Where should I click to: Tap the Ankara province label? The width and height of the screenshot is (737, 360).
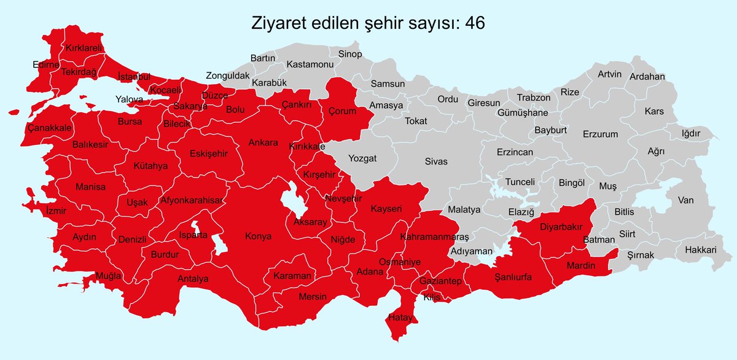(263, 143)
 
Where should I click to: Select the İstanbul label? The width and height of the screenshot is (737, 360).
(134, 77)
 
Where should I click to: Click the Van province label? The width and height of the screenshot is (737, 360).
(685, 200)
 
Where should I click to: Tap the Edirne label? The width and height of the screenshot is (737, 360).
(46, 65)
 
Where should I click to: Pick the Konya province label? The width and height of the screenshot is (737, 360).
(258, 237)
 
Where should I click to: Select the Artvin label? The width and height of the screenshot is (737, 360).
(610, 74)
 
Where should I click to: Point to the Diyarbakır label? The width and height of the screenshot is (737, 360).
(560, 227)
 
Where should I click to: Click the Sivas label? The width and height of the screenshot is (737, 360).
(436, 162)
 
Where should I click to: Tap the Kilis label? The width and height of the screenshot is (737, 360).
(432, 297)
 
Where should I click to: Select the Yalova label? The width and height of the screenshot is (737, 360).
(129, 99)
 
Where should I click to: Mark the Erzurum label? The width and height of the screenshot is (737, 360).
(601, 134)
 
